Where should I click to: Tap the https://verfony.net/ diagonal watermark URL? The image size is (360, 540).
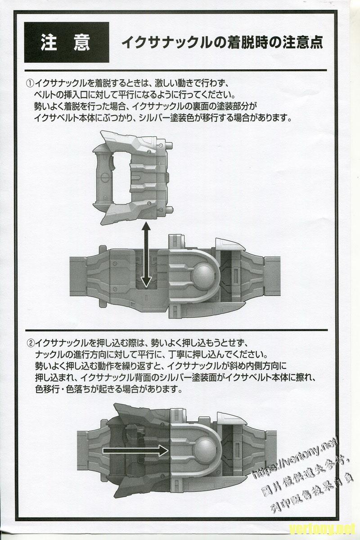(295, 459)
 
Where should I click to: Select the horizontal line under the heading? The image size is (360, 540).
(175, 70)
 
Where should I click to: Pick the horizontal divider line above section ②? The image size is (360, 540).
(175, 330)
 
